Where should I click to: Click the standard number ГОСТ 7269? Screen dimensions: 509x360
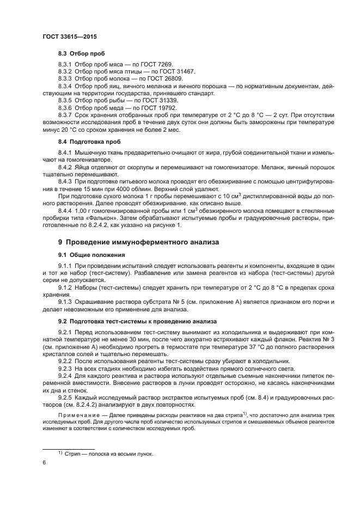tap(157, 65)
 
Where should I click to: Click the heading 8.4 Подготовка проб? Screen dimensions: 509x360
tap(89, 142)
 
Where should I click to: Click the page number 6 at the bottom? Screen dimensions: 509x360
tap(44, 463)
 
